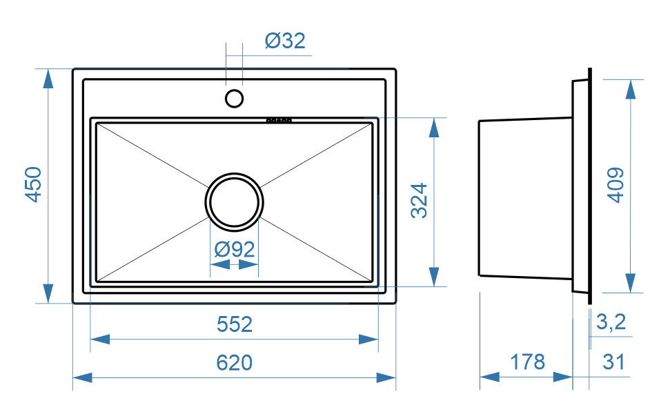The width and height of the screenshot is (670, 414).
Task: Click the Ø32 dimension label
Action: point(284,41)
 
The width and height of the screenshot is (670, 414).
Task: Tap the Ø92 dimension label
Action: point(234,249)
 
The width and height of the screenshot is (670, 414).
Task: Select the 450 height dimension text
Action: point(34,184)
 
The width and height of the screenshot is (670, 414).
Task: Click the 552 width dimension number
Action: point(235,324)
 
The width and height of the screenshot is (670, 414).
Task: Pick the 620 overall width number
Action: point(235,362)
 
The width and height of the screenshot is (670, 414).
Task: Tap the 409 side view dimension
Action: point(615,184)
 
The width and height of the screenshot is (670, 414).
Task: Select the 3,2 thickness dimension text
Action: point(610,322)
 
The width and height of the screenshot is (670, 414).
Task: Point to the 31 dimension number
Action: point(613,361)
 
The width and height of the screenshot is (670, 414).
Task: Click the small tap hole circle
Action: point(235,98)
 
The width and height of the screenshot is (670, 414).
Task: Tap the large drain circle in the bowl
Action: point(234,201)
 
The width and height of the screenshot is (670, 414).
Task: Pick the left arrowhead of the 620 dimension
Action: point(82,377)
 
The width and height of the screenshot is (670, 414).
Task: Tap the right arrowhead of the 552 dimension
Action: point(368,339)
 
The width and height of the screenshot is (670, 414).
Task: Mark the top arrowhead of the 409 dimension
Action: point(631,89)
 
